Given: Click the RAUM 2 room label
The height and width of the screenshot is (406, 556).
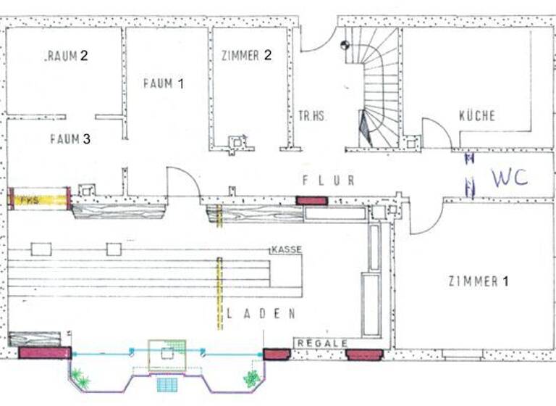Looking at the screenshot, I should (67, 56).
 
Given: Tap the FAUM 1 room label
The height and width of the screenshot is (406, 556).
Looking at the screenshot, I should (163, 83).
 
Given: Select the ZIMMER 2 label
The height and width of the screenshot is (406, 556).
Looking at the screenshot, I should (246, 56).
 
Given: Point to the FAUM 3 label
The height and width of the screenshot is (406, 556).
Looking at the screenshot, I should (70, 139).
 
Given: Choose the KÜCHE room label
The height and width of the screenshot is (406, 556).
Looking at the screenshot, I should (477, 116).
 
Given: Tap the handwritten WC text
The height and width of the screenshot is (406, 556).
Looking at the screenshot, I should (510, 178).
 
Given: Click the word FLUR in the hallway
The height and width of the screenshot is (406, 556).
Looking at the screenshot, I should (328, 181).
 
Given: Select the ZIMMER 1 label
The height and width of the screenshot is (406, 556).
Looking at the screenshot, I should (478, 281).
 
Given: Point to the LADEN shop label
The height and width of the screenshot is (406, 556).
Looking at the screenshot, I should (261, 314).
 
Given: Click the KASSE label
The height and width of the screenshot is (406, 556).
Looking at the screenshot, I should (286, 249).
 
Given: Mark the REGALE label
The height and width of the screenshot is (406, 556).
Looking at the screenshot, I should (321, 343).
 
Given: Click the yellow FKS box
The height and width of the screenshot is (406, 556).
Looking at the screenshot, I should (41, 199).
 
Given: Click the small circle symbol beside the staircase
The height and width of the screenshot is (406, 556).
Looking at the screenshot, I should (345, 45).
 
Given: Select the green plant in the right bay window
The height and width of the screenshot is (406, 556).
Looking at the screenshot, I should (251, 378).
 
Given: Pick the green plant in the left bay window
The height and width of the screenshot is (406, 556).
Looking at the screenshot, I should (80, 379).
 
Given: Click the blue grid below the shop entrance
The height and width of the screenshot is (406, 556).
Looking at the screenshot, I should (167, 384).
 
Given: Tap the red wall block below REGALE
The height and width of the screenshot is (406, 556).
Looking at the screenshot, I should (364, 355).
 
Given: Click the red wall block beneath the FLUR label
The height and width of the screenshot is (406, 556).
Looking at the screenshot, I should (312, 200).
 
